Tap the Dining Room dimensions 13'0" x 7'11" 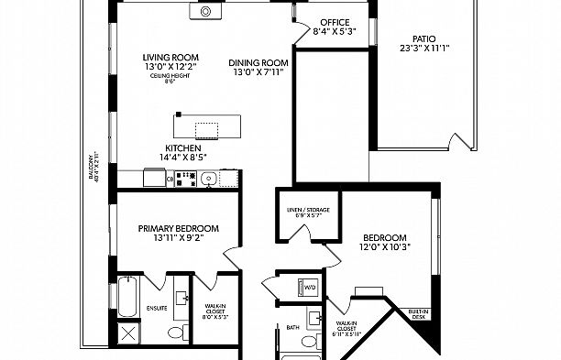tap(258, 72)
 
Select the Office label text tap(334, 22)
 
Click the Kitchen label tap(183, 147)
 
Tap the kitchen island tap(207, 126)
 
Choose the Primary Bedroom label tap(179, 228)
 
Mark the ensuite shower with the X tap(126, 333)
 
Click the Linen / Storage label tap(307, 210)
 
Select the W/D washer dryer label tap(310, 287)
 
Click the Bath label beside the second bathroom tap(292, 326)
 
